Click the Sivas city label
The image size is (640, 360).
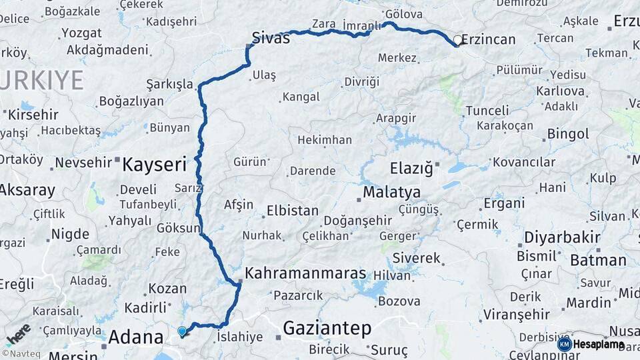point(271,38)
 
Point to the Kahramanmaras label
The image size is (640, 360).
point(305,273)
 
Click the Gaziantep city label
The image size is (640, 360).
point(327,327)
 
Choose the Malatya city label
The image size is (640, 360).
point(391,193)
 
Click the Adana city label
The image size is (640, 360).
point(136,336)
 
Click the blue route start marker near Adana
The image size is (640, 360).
point(182,331)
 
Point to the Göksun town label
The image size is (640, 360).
point(177,228)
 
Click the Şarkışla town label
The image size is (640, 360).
point(169,85)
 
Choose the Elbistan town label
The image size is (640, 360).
point(292,211)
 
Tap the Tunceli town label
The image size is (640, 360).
point(487,110)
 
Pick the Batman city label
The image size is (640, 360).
point(598,260)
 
